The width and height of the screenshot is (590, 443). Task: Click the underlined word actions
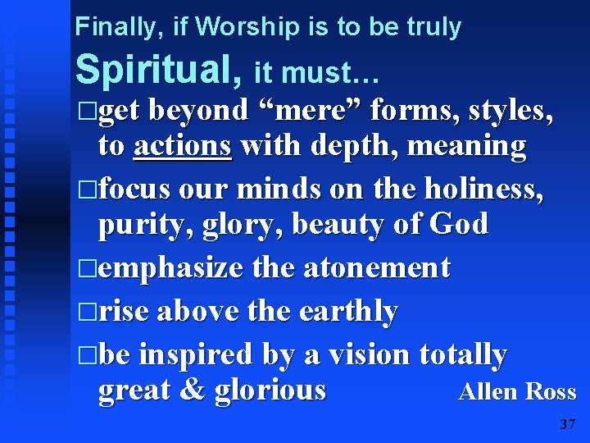(x=184, y=146)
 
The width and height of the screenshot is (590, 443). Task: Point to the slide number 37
(x=567, y=424)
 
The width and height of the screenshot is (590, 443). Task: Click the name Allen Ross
(x=517, y=392)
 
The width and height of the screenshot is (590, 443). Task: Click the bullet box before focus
(x=89, y=190)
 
